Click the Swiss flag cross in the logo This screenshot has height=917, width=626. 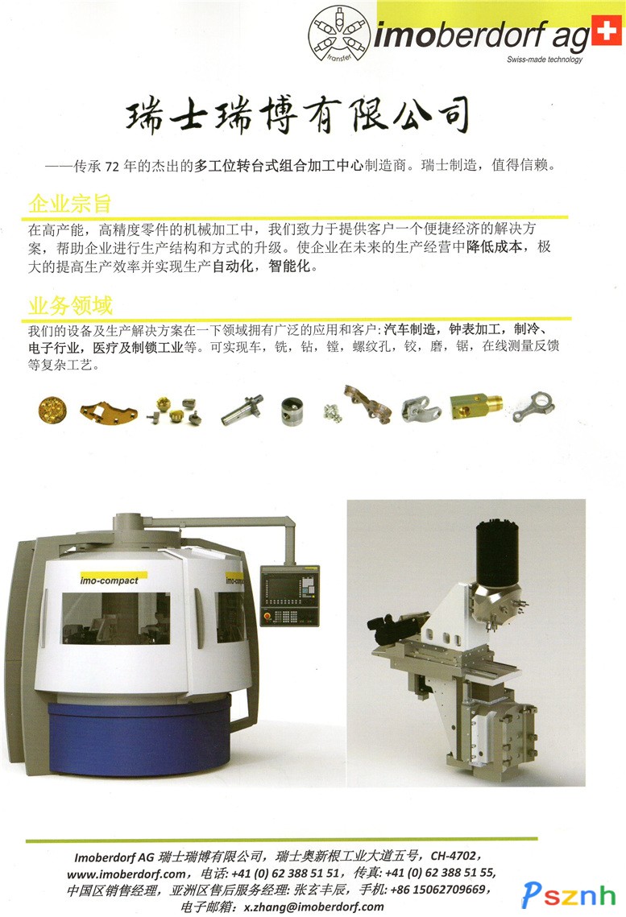tap(606, 31)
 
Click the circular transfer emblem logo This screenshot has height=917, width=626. tap(338, 35)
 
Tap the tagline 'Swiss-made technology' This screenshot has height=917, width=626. tap(545, 59)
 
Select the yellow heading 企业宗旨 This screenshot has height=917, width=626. tap(69, 203)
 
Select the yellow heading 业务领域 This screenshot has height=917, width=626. tap(70, 305)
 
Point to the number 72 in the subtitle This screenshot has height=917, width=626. tap(112, 167)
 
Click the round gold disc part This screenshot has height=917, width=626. tap(52, 410)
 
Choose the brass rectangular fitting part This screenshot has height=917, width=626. tap(476, 406)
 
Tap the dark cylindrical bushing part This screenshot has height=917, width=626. tap(292, 411)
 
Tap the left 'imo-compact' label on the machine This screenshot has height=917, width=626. tap(110, 580)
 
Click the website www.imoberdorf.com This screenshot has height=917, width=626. tap(126, 874)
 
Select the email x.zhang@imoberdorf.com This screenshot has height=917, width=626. tap(313, 907)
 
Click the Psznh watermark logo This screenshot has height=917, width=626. tap(569, 894)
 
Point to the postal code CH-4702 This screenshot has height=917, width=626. tap(453, 856)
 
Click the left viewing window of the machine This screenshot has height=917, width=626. tap(116, 618)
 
